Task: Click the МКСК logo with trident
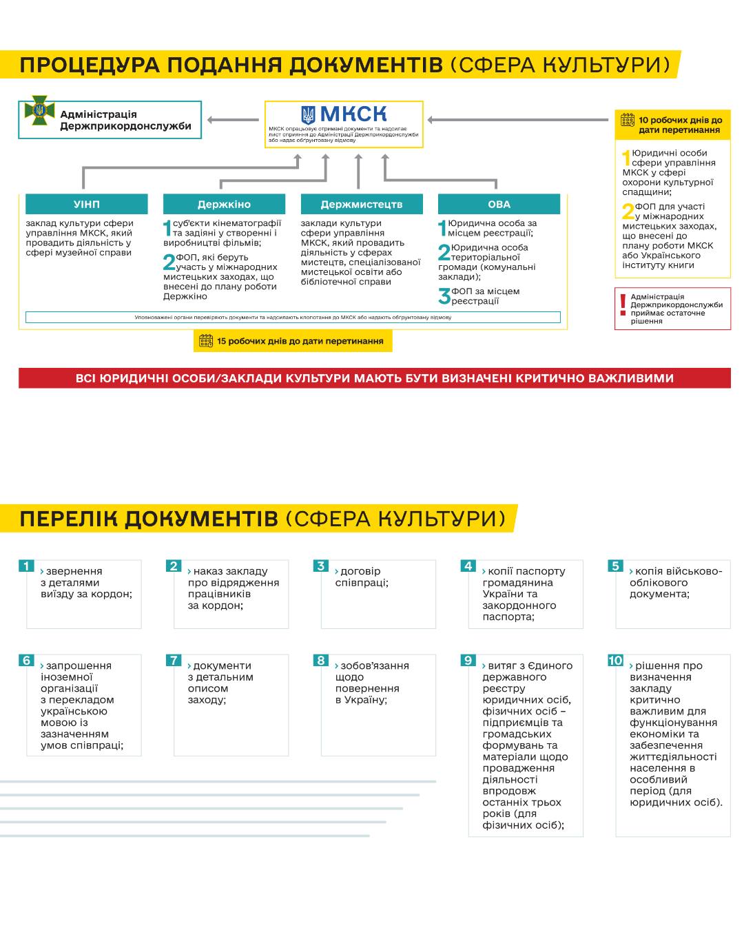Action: point(344,114)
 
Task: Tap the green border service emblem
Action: point(39,110)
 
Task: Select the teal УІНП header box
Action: point(86,204)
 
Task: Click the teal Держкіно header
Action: point(224,204)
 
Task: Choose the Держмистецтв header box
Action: point(362,204)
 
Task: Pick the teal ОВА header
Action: point(499,204)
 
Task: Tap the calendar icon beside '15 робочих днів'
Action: point(205,341)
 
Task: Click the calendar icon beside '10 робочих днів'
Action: point(627,121)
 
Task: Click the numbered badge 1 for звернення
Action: point(26,566)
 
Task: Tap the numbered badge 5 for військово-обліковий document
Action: point(615,566)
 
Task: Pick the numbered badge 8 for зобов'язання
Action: point(320,661)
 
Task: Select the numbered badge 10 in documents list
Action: point(615,661)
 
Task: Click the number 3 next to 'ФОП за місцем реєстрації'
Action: point(444,297)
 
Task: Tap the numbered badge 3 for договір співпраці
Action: point(320,566)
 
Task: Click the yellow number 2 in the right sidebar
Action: point(628,211)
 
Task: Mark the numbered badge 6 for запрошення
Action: point(26,661)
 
